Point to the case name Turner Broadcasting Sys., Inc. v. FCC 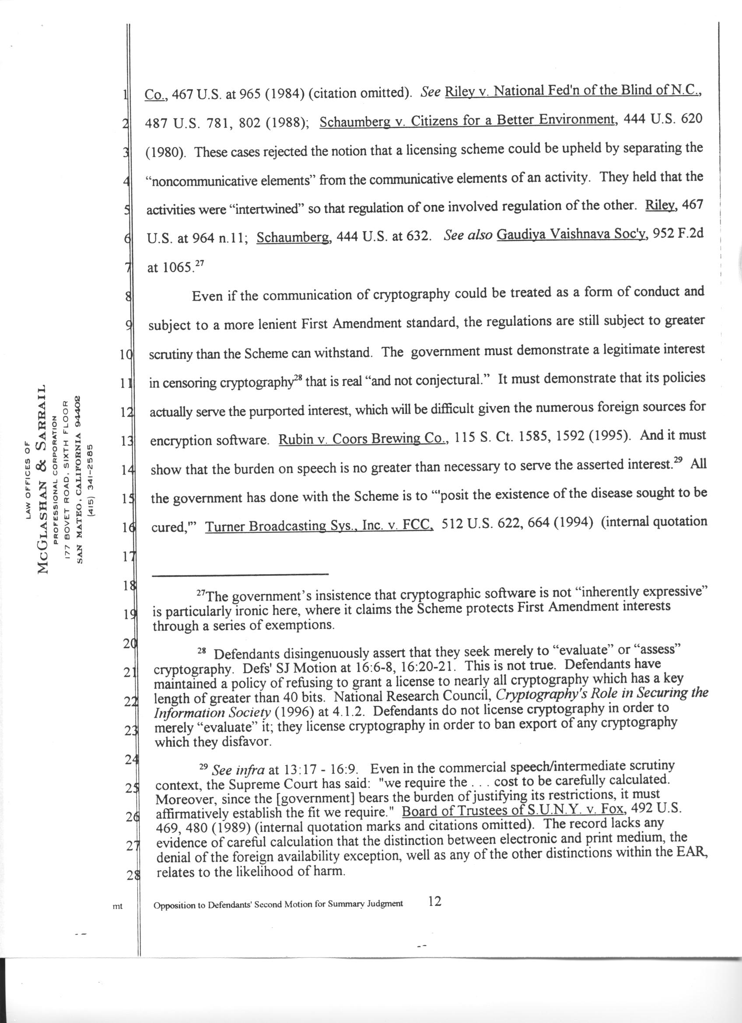(319, 525)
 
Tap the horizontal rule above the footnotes (241, 574)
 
